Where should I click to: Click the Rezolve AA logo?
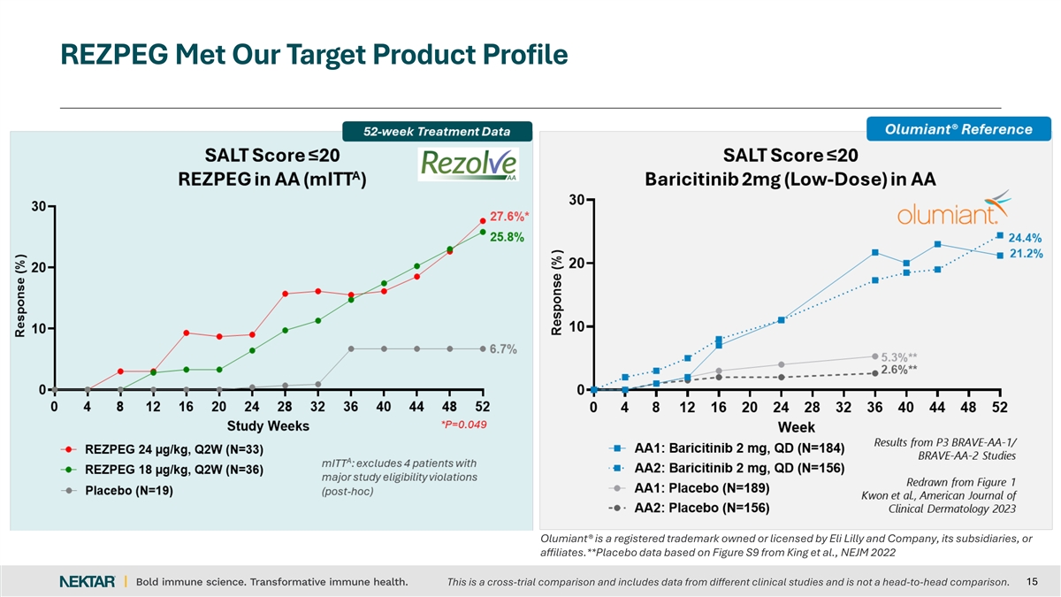pyautogui.click(x=468, y=164)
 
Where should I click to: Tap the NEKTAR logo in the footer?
pyautogui.click(x=87, y=581)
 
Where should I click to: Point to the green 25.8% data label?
pyautogui.click(x=508, y=236)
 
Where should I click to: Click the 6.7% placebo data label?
pyautogui.click(x=503, y=348)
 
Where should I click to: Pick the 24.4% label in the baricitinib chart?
pyautogui.click(x=1026, y=237)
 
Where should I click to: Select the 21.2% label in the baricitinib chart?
pyautogui.click(x=1026, y=254)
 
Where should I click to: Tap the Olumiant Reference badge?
pyautogui.click(x=959, y=129)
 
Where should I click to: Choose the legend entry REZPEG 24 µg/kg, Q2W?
pyautogui.click(x=173, y=448)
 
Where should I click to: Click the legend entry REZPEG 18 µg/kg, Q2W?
pyautogui.click(x=173, y=469)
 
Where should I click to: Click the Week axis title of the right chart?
pyautogui.click(x=797, y=426)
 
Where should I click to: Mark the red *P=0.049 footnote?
pyautogui.click(x=463, y=424)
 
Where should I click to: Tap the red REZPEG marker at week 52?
pyautogui.click(x=483, y=220)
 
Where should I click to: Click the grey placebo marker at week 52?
pyautogui.click(x=483, y=348)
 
